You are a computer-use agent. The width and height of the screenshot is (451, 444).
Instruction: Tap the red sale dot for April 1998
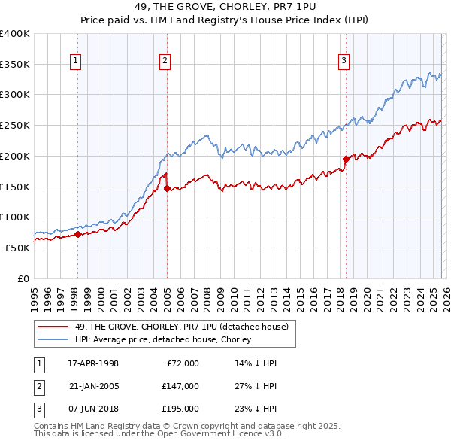point(77,234)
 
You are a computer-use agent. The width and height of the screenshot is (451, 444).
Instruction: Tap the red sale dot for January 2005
point(167,189)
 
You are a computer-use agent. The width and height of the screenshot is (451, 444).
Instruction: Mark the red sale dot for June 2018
point(345,159)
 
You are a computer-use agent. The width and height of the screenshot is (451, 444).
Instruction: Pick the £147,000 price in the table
point(180,386)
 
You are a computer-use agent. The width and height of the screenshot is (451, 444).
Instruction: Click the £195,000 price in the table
point(180,409)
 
